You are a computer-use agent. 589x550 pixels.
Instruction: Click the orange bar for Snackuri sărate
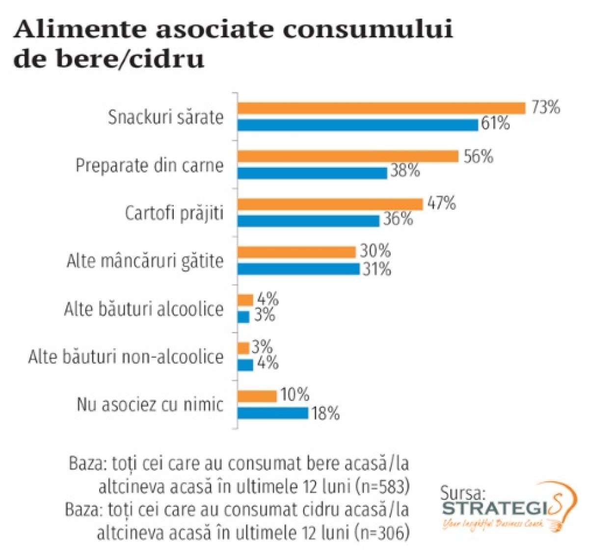(x=381, y=108)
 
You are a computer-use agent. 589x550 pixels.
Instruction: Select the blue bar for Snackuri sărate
(x=358, y=125)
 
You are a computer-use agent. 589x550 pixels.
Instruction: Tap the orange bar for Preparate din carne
(x=348, y=156)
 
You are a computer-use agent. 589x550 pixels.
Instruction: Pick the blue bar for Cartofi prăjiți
(x=308, y=221)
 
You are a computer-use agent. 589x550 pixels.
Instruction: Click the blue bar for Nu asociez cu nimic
(x=272, y=413)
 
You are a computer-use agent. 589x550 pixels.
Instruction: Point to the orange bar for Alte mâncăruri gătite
(x=296, y=252)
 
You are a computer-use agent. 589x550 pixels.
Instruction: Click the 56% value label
(x=478, y=157)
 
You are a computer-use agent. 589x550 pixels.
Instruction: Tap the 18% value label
(x=325, y=414)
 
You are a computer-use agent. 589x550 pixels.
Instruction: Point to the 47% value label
(x=441, y=203)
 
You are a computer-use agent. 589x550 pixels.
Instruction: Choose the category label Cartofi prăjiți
(x=174, y=213)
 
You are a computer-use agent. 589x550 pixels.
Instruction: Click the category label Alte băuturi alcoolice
(x=144, y=309)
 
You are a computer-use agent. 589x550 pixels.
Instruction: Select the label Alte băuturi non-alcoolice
(x=126, y=357)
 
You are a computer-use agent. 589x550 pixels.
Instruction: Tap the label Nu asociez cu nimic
(x=150, y=405)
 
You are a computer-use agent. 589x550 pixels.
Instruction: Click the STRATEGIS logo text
(x=501, y=508)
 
